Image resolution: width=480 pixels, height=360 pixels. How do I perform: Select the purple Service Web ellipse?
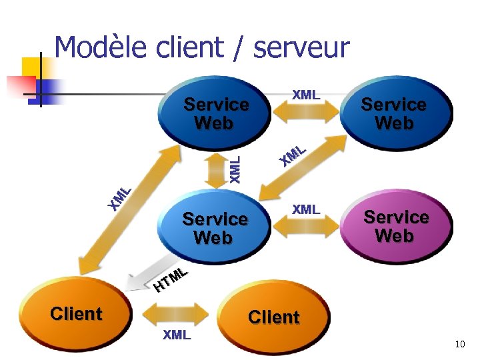pos(395,227)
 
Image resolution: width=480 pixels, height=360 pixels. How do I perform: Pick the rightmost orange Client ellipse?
pos(273,317)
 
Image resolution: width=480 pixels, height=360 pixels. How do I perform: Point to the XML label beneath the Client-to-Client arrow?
pos(177,335)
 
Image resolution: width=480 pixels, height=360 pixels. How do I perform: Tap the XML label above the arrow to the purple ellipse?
pos(306,209)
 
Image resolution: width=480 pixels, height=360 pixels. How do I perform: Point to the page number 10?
pos(459,344)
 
